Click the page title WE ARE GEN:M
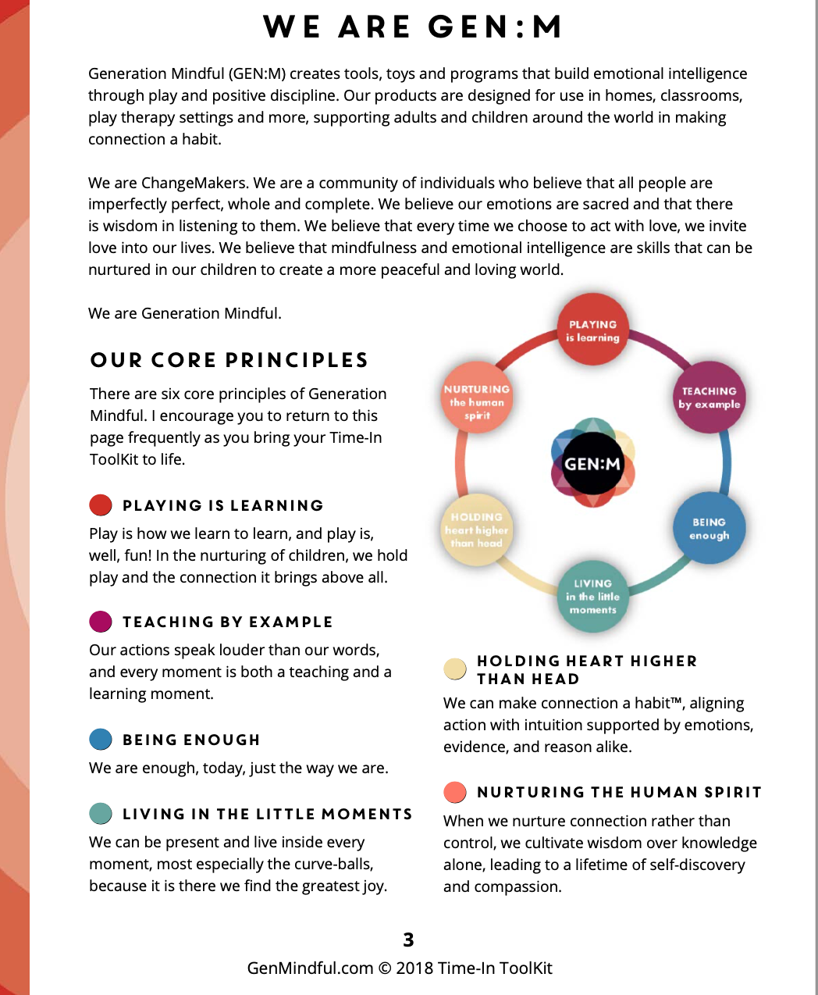pos(412,27)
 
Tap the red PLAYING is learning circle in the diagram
pos(593,330)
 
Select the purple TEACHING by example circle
pos(709,397)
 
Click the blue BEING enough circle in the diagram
pos(709,528)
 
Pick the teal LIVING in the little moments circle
pos(593,596)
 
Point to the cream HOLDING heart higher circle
pos(477,530)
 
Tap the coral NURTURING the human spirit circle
pos(477,398)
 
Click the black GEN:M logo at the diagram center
pos(592,464)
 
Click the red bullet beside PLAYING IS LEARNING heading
pos(101,505)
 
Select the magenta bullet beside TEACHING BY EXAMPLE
pos(101,622)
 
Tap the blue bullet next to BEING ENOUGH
pos(101,739)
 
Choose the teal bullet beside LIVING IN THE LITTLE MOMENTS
pos(101,814)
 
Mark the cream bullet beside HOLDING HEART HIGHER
pos(455,669)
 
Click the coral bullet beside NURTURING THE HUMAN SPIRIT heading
pos(455,792)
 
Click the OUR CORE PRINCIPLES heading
pos(229,360)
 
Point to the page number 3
pos(408,940)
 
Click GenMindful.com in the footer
pos(310,968)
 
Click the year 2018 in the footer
pos(414,968)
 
